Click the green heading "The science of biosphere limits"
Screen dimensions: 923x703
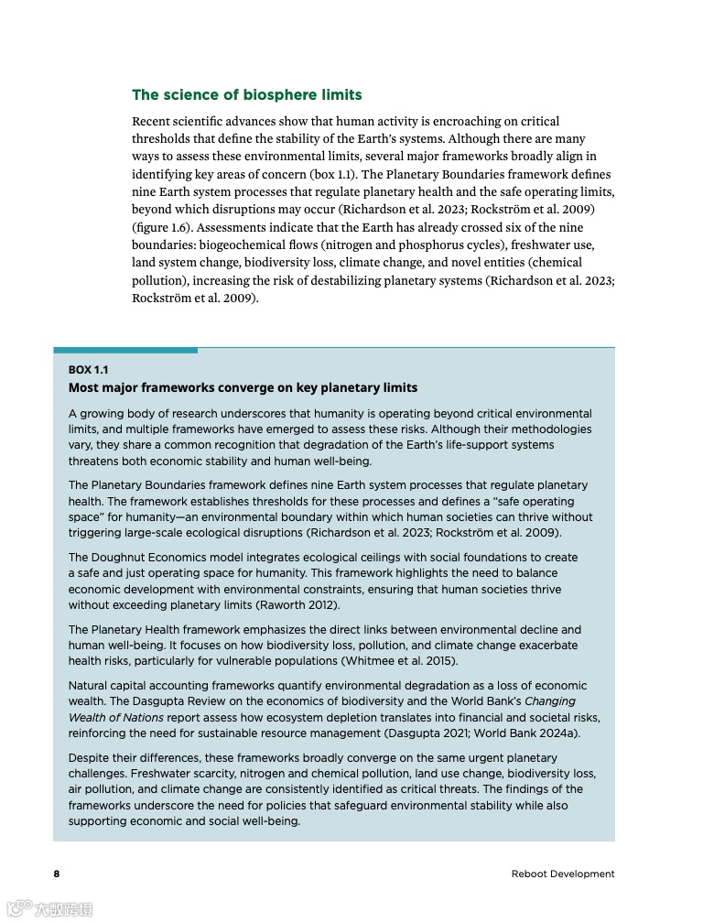pos(246,95)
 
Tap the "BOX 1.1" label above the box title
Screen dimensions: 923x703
pos(88,370)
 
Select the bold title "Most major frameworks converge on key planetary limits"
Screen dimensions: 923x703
pos(243,387)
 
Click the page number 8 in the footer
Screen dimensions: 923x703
pos(56,874)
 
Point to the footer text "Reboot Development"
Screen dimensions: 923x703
pos(563,874)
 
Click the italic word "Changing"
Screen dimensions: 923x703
pos(550,701)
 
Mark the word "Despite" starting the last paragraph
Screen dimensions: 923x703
pos(89,758)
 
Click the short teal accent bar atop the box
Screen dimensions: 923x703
pos(125,350)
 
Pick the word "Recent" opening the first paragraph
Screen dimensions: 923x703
pos(152,121)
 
